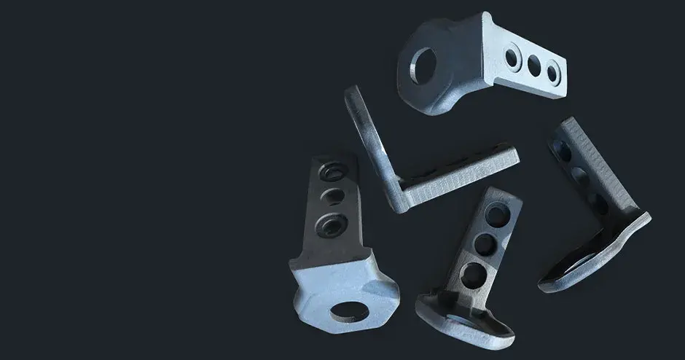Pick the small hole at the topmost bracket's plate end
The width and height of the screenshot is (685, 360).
553,71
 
